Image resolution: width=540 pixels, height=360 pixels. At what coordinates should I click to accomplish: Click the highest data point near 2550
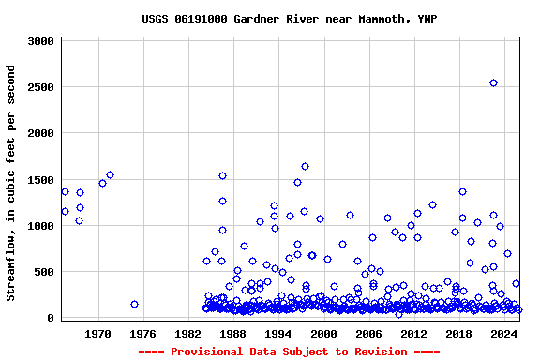[493, 83]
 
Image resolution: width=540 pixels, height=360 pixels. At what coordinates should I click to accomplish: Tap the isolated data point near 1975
[134, 304]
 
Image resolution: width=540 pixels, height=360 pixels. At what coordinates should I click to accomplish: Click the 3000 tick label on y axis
[40, 42]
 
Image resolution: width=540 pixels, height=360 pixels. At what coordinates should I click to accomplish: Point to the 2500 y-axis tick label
[40, 88]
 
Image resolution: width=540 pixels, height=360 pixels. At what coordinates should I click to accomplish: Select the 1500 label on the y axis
[40, 180]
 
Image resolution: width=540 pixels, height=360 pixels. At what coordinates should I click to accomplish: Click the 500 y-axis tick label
[44, 272]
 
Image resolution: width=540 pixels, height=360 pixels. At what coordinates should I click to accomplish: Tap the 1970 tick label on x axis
[97, 333]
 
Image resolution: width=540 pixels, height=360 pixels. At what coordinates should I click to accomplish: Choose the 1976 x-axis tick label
[142, 333]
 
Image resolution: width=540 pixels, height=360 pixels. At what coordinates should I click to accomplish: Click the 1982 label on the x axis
[188, 333]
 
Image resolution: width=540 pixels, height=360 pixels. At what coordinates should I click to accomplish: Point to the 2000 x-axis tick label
[323, 333]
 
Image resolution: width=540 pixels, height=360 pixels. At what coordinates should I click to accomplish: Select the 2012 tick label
[413, 333]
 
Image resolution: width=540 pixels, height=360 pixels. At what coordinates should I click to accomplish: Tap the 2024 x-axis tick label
[504, 333]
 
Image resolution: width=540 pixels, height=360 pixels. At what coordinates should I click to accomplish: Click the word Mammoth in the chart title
[385, 19]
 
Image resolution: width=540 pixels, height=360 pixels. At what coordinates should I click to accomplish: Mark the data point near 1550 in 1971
[110, 174]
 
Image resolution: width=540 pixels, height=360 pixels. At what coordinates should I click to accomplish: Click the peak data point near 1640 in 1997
[305, 167]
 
